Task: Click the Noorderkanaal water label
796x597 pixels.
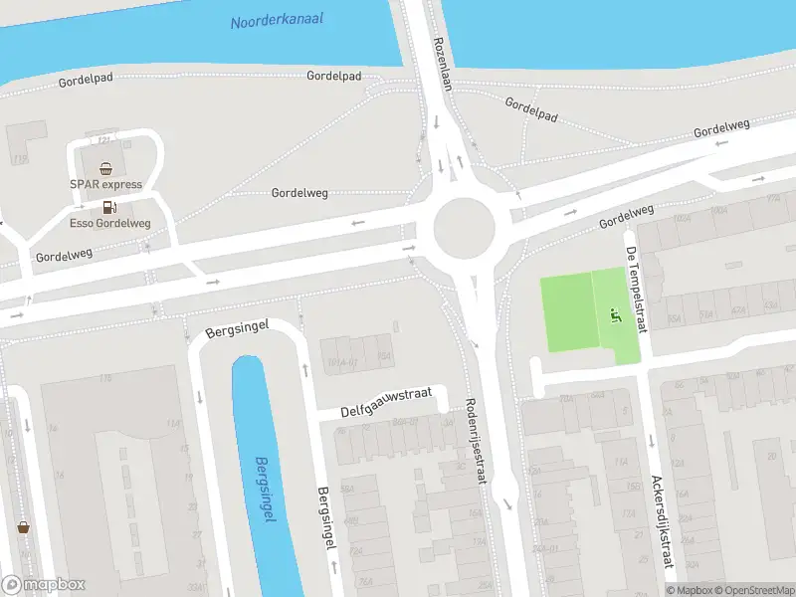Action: tap(277, 20)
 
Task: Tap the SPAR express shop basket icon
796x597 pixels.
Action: tap(105, 168)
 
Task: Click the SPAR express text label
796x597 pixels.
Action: tap(105, 184)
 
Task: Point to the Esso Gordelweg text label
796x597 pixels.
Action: tap(109, 223)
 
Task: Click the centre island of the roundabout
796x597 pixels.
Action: tap(464, 226)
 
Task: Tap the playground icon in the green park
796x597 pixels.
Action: tap(614, 316)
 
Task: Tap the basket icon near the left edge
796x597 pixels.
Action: tap(22, 527)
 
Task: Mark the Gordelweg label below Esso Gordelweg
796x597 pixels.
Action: tap(64, 255)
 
